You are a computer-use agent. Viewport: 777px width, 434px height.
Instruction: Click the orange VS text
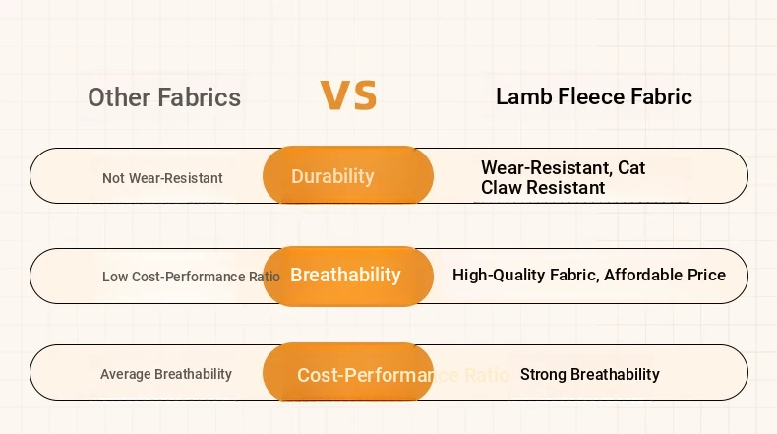click(x=348, y=94)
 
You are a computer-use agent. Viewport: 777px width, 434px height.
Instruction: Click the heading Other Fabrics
click(x=164, y=97)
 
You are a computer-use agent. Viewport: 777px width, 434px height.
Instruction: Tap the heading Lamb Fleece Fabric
click(x=594, y=96)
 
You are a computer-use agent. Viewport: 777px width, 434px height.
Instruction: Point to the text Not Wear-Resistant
click(x=162, y=178)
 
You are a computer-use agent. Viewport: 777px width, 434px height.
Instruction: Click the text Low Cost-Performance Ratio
click(x=191, y=277)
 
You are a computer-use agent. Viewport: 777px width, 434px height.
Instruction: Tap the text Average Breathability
click(x=166, y=374)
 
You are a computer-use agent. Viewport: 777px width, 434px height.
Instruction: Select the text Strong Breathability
click(x=590, y=374)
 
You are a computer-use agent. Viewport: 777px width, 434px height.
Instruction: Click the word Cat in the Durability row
click(x=631, y=167)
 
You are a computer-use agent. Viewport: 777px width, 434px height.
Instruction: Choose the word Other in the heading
click(x=120, y=97)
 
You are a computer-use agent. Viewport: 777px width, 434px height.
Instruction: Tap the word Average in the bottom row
click(x=125, y=374)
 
